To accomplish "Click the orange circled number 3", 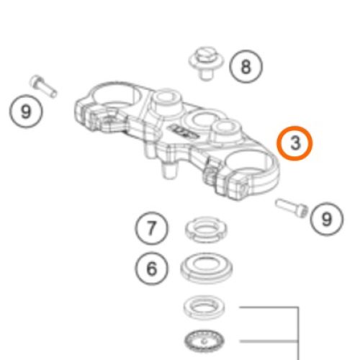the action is (x=294, y=143).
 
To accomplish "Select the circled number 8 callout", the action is (x=246, y=66).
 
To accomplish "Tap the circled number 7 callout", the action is (x=151, y=228).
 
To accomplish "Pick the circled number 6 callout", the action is (x=151, y=269).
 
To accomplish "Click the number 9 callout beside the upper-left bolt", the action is (x=26, y=112).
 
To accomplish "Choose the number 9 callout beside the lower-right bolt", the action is (x=327, y=219).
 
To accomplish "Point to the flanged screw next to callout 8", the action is (x=206, y=63).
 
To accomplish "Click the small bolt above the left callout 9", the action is (x=43, y=86).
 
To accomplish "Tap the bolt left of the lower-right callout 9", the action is (x=292, y=208).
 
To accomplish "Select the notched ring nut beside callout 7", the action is (x=206, y=228).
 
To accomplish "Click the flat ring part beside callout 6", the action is (x=207, y=267).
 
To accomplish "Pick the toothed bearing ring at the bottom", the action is (x=204, y=341).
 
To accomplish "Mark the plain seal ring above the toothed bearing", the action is (x=204, y=307).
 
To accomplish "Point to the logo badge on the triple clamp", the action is (x=184, y=130).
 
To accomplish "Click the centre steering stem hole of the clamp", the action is (x=203, y=120).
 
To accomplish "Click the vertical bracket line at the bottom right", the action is (x=298, y=333).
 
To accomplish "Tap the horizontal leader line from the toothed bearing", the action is (x=269, y=341).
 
